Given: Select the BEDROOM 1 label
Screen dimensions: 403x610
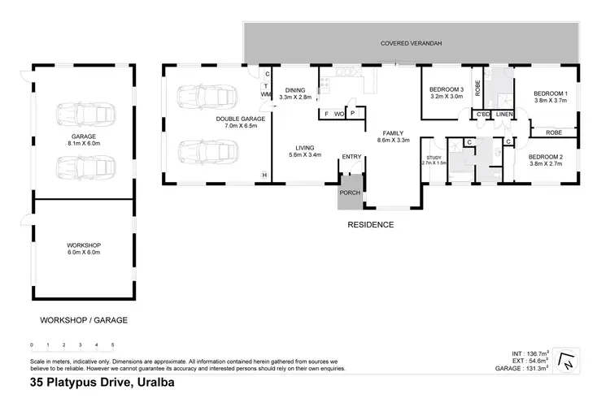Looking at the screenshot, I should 549,94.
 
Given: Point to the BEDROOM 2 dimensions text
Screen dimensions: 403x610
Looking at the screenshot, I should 545,164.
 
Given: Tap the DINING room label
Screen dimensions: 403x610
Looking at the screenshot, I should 295,90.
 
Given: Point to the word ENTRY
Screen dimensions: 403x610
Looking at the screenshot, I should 351,157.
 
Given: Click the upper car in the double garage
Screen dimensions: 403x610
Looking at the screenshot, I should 209,97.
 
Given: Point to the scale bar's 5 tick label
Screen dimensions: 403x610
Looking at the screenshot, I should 113,345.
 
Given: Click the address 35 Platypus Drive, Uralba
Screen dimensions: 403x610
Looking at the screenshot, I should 100,382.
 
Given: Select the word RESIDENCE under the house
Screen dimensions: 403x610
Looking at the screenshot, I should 370,225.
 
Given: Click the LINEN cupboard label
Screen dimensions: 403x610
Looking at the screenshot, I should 504,115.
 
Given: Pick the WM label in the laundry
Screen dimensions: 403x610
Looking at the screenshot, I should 266,94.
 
